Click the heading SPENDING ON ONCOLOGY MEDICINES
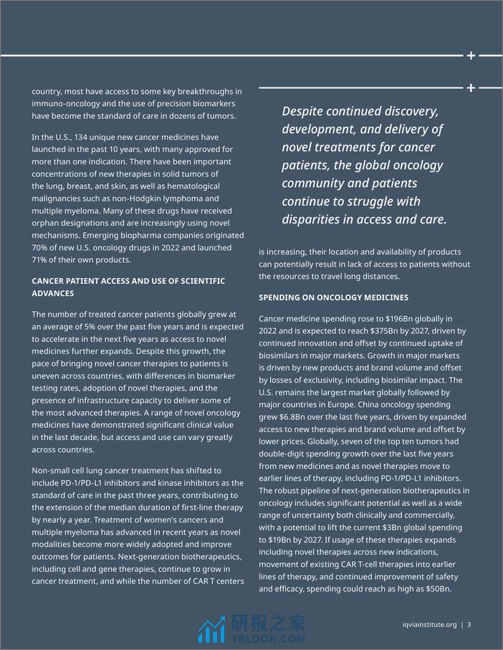(x=333, y=297)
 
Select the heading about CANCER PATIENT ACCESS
(x=128, y=287)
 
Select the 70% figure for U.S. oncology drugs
(x=41, y=248)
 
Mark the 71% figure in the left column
(x=41, y=260)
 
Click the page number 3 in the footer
(x=469, y=624)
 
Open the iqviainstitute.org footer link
(x=430, y=624)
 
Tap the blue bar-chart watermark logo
(x=211, y=629)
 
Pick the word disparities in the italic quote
(x=315, y=220)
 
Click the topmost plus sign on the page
(x=471, y=55)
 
